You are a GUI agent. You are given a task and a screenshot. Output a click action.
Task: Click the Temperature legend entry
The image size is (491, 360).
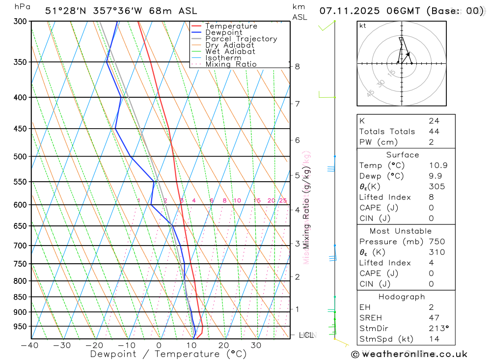coord(231,26)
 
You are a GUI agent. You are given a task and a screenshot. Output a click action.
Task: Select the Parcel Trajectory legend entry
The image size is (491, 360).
coord(241,39)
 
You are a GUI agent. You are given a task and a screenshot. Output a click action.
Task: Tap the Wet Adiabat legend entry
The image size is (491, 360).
coord(230,52)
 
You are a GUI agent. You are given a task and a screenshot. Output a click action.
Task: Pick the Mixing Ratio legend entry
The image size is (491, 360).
coord(231,64)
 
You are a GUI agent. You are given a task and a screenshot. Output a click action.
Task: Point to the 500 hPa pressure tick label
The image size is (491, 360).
coord(20,157)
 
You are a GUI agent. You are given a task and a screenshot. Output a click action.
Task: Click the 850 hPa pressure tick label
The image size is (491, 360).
coord(20,297)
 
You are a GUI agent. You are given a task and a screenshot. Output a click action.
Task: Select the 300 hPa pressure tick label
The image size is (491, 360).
coord(20,22)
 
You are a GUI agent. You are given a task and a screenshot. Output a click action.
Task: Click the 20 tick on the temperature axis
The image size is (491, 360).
coord(224,345)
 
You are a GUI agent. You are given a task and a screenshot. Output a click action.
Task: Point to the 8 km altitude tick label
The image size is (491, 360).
coord(298,66)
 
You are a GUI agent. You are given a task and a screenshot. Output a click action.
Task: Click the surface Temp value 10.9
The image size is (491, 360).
coord(438,166)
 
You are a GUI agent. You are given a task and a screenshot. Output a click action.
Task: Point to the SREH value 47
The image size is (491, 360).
coord(434,318)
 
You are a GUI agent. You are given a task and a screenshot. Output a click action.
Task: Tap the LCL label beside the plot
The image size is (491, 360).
coord(306,335)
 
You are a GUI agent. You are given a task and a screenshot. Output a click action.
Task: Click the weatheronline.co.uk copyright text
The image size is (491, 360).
coord(409,354)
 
